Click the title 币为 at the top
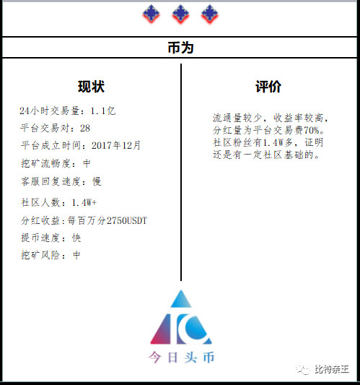pyautogui.click(x=181, y=48)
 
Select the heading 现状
pyautogui.click(x=91, y=87)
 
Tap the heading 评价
pyautogui.click(x=268, y=87)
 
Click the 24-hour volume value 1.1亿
pyautogui.click(x=103, y=111)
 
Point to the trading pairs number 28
pyautogui.click(x=85, y=128)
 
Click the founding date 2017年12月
pyautogui.click(x=116, y=145)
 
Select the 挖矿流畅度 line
pyautogui.click(x=56, y=163)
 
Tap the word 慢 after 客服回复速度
pyautogui.click(x=97, y=181)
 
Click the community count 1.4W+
pyautogui.click(x=84, y=202)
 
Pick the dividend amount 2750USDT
pyautogui.click(x=127, y=220)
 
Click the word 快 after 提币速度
pyautogui.click(x=76, y=238)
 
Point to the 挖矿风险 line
pyautogui.click(x=51, y=255)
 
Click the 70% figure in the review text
pyautogui.click(x=312, y=130)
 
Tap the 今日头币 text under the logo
pyautogui.click(x=181, y=358)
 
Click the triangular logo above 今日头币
pyautogui.click(x=181, y=317)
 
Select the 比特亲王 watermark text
pyautogui.click(x=332, y=369)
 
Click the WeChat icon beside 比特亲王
pyautogui.click(x=303, y=369)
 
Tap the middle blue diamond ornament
pyautogui.click(x=180, y=14)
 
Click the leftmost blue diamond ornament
pyautogui.click(x=151, y=14)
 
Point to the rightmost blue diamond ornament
pyautogui.click(x=210, y=14)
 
